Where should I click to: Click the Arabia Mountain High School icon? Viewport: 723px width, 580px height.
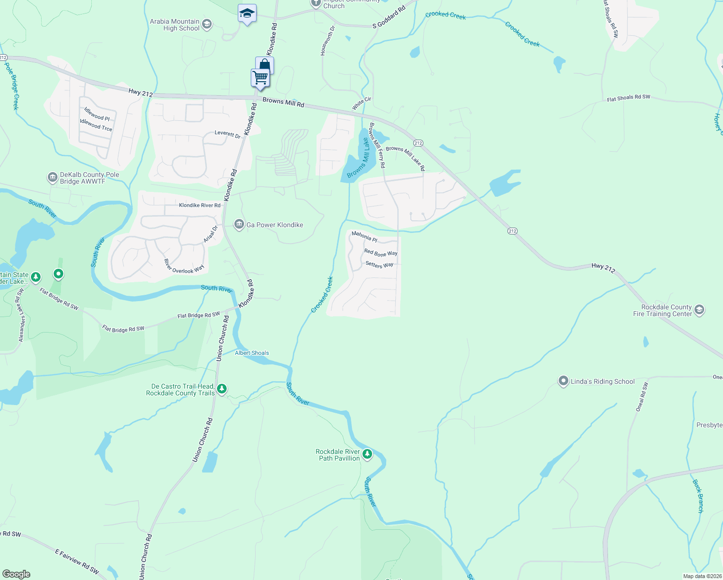pyautogui.click(x=207, y=25)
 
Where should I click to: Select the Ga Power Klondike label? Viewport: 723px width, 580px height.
pyautogui.click(x=275, y=225)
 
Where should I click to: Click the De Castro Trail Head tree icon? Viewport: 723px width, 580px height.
pyautogui.click(x=222, y=389)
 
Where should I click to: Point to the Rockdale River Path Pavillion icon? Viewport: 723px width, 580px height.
pyautogui.click(x=367, y=454)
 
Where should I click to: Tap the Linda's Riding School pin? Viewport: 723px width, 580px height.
pyautogui.click(x=563, y=381)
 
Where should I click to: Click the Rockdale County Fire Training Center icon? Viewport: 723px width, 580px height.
pyautogui.click(x=699, y=310)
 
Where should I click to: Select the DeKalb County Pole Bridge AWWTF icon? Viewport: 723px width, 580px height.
pyautogui.click(x=52, y=178)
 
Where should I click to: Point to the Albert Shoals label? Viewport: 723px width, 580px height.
pyautogui.click(x=252, y=353)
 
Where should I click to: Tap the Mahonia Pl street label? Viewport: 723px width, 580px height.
pyautogui.click(x=364, y=236)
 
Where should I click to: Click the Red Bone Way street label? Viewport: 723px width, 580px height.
pyautogui.click(x=381, y=253)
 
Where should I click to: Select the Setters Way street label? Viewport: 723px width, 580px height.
pyautogui.click(x=379, y=264)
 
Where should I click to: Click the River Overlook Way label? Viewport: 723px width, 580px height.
pyautogui.click(x=184, y=266)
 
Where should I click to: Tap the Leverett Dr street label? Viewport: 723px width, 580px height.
pyautogui.click(x=228, y=134)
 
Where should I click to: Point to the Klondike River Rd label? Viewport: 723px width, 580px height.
pyautogui.click(x=200, y=205)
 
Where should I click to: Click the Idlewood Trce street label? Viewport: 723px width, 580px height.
pyautogui.click(x=96, y=125)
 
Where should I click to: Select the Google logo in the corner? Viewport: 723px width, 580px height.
pyautogui.click(x=16, y=574)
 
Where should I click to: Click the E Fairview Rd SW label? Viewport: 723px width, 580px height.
pyautogui.click(x=77, y=561)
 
